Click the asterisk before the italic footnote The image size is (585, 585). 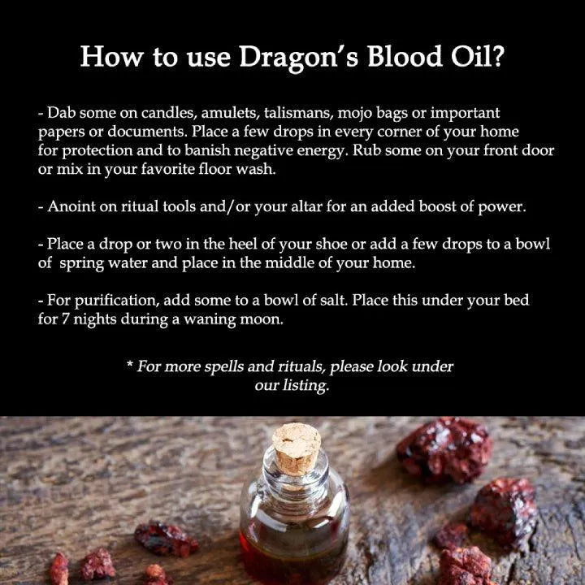click(x=130, y=364)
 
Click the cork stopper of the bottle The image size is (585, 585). click(x=297, y=448)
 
